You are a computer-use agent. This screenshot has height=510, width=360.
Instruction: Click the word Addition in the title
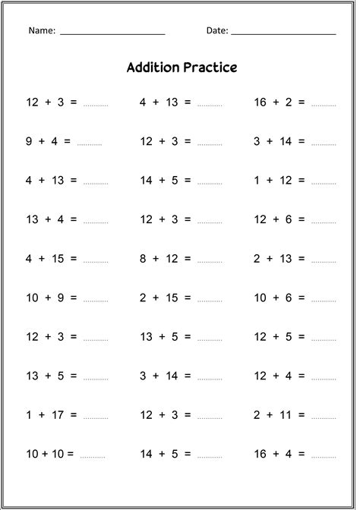tap(153, 68)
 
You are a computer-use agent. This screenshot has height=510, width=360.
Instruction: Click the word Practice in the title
tap(210, 68)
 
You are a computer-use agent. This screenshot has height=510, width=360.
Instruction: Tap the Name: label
tap(42, 31)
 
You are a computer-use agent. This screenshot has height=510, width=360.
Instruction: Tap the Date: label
tap(216, 31)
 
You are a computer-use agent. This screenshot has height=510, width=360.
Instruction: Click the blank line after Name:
tap(112, 34)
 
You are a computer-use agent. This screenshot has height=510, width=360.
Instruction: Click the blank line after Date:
tap(283, 34)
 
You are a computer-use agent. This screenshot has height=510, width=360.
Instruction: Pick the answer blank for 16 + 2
tap(323, 105)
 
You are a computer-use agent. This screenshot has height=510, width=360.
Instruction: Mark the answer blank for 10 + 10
tap(93, 457)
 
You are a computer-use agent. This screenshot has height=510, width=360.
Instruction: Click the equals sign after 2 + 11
tap(302, 414)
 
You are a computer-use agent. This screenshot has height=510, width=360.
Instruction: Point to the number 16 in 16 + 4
tap(261, 454)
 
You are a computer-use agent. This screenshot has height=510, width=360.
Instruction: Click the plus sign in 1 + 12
tap(270, 181)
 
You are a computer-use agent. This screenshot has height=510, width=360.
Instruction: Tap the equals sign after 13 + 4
tap(73, 219)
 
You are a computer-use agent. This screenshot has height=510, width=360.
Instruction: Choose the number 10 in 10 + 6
tap(261, 297)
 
